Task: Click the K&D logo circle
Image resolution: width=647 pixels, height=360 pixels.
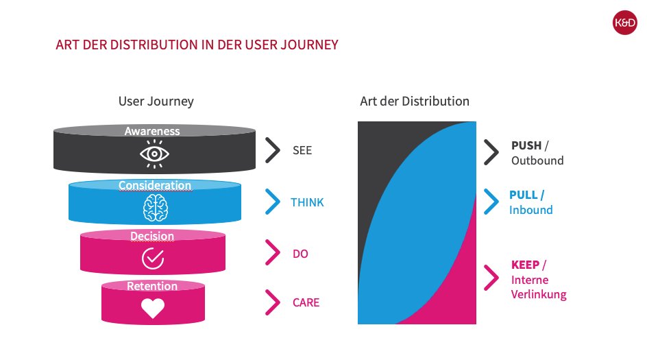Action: tap(625, 25)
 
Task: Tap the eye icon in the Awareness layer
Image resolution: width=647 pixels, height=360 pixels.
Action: tap(154, 154)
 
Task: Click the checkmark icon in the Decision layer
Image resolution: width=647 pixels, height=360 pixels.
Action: tap(152, 258)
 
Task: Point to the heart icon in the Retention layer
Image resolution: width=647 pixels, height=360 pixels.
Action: tap(152, 308)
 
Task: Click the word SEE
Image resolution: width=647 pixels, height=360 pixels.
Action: tap(302, 150)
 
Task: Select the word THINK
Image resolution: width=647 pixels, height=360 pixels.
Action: tap(307, 202)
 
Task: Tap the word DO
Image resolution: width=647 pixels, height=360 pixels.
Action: tap(300, 254)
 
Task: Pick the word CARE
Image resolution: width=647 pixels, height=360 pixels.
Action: tap(305, 302)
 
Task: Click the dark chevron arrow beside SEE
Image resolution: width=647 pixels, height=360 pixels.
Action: tap(273, 150)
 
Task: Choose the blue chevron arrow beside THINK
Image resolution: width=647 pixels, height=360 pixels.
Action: tap(273, 202)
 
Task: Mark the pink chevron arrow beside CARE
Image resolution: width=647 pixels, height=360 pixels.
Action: tap(273, 302)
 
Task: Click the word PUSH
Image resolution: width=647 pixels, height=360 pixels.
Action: tap(526, 145)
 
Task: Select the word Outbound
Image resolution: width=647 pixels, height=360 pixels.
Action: tap(537, 160)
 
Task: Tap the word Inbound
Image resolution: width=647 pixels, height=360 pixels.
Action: tap(530, 210)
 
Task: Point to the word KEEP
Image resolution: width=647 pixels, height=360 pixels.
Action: tap(525, 265)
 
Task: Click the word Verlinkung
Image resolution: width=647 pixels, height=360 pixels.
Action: tap(539, 295)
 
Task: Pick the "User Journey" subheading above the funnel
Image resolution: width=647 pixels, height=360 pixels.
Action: tap(156, 101)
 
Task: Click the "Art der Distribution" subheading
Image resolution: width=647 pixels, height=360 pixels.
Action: tap(415, 101)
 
